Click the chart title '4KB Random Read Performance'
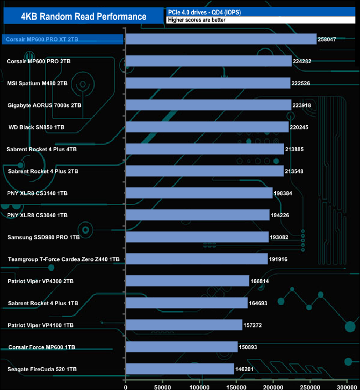(x=84, y=17)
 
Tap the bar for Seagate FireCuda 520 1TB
(x=180, y=368)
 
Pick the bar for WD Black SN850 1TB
(x=207, y=127)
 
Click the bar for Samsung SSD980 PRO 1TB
(x=197, y=237)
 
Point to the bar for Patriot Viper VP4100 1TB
(x=184, y=325)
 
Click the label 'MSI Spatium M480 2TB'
(x=38, y=83)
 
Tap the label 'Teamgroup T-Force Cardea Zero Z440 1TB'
(x=64, y=259)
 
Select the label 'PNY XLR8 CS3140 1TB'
(x=38, y=193)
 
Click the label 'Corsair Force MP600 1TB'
(x=42, y=347)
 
